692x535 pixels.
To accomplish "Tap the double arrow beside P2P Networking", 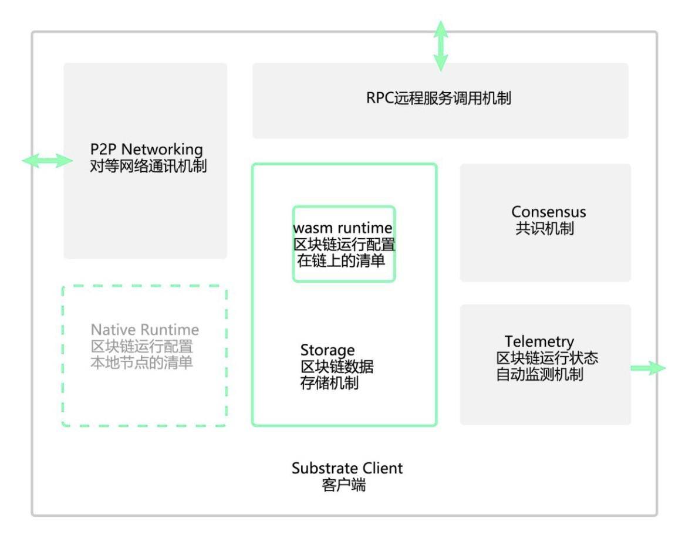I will (47, 160).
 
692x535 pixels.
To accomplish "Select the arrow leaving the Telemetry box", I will (648, 368).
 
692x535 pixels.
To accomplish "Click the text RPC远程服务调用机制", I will (439, 98).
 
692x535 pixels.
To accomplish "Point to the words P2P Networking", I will (146, 149).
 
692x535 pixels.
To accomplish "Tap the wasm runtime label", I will (343, 228).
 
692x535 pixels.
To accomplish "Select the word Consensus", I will (548, 212).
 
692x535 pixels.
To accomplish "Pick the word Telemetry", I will (539, 341).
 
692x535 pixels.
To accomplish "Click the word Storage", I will (328, 351).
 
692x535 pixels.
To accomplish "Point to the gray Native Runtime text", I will (144, 330).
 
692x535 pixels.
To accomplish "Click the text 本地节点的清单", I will (141, 363).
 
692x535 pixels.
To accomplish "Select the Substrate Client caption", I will (347, 469).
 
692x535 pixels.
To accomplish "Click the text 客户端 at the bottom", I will (344, 486).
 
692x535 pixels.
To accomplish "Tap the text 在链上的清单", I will (341, 261).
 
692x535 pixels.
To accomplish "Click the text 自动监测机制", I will (539, 374).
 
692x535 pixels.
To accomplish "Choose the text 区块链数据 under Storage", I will (337, 367).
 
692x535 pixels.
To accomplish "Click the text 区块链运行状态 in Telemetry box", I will (547, 358).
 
